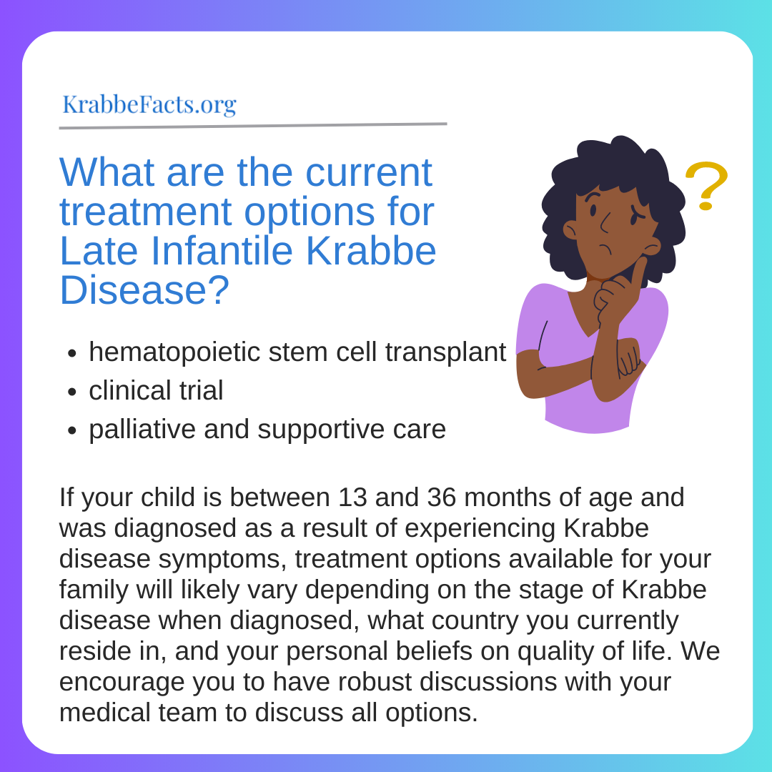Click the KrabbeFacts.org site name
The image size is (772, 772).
149,104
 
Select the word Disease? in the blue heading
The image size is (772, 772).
144,290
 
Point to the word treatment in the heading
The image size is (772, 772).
146,212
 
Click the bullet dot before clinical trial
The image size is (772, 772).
72,392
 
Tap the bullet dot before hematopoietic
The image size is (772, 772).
72,354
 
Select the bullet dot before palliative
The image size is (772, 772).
72,431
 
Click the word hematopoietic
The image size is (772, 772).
174,352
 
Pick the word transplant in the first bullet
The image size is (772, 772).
445,352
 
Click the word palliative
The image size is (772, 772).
142,430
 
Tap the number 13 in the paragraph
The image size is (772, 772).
352,498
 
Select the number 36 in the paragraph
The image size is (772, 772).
442,498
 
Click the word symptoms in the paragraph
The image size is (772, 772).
222,560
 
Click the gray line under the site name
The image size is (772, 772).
253,126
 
